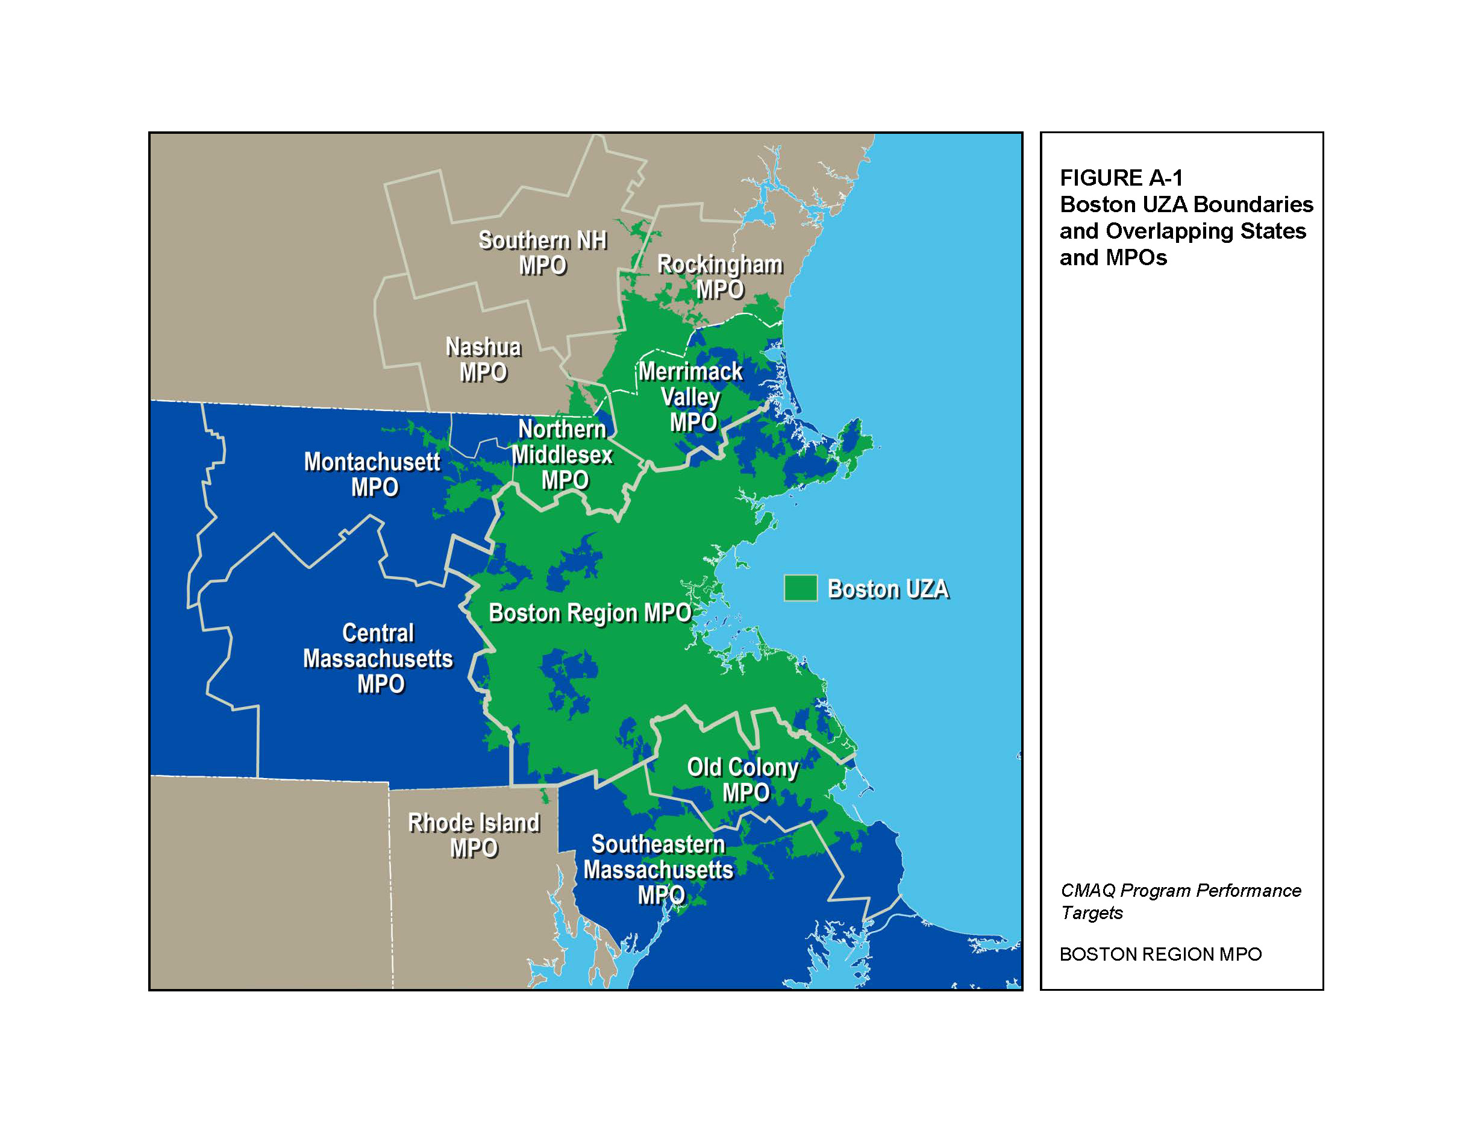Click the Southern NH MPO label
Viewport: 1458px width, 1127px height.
tap(542, 253)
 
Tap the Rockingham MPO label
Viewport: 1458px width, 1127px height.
tap(719, 277)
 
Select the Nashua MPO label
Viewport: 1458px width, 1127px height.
tap(483, 360)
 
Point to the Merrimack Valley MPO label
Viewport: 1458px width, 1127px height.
tap(691, 397)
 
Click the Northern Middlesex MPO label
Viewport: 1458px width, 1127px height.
tap(563, 454)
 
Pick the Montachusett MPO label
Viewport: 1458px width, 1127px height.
tap(372, 474)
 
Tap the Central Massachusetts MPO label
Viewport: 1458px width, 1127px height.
tap(378, 658)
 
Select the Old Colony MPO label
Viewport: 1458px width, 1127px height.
tap(743, 780)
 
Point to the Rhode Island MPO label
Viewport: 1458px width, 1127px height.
tap(474, 835)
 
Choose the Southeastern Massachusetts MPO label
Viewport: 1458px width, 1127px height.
tap(659, 869)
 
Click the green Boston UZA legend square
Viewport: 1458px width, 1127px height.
tap(801, 588)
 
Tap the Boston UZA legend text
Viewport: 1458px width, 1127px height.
tap(887, 589)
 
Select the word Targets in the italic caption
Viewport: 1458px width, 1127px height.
tap(1092, 912)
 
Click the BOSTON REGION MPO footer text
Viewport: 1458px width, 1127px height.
tap(1160, 954)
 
